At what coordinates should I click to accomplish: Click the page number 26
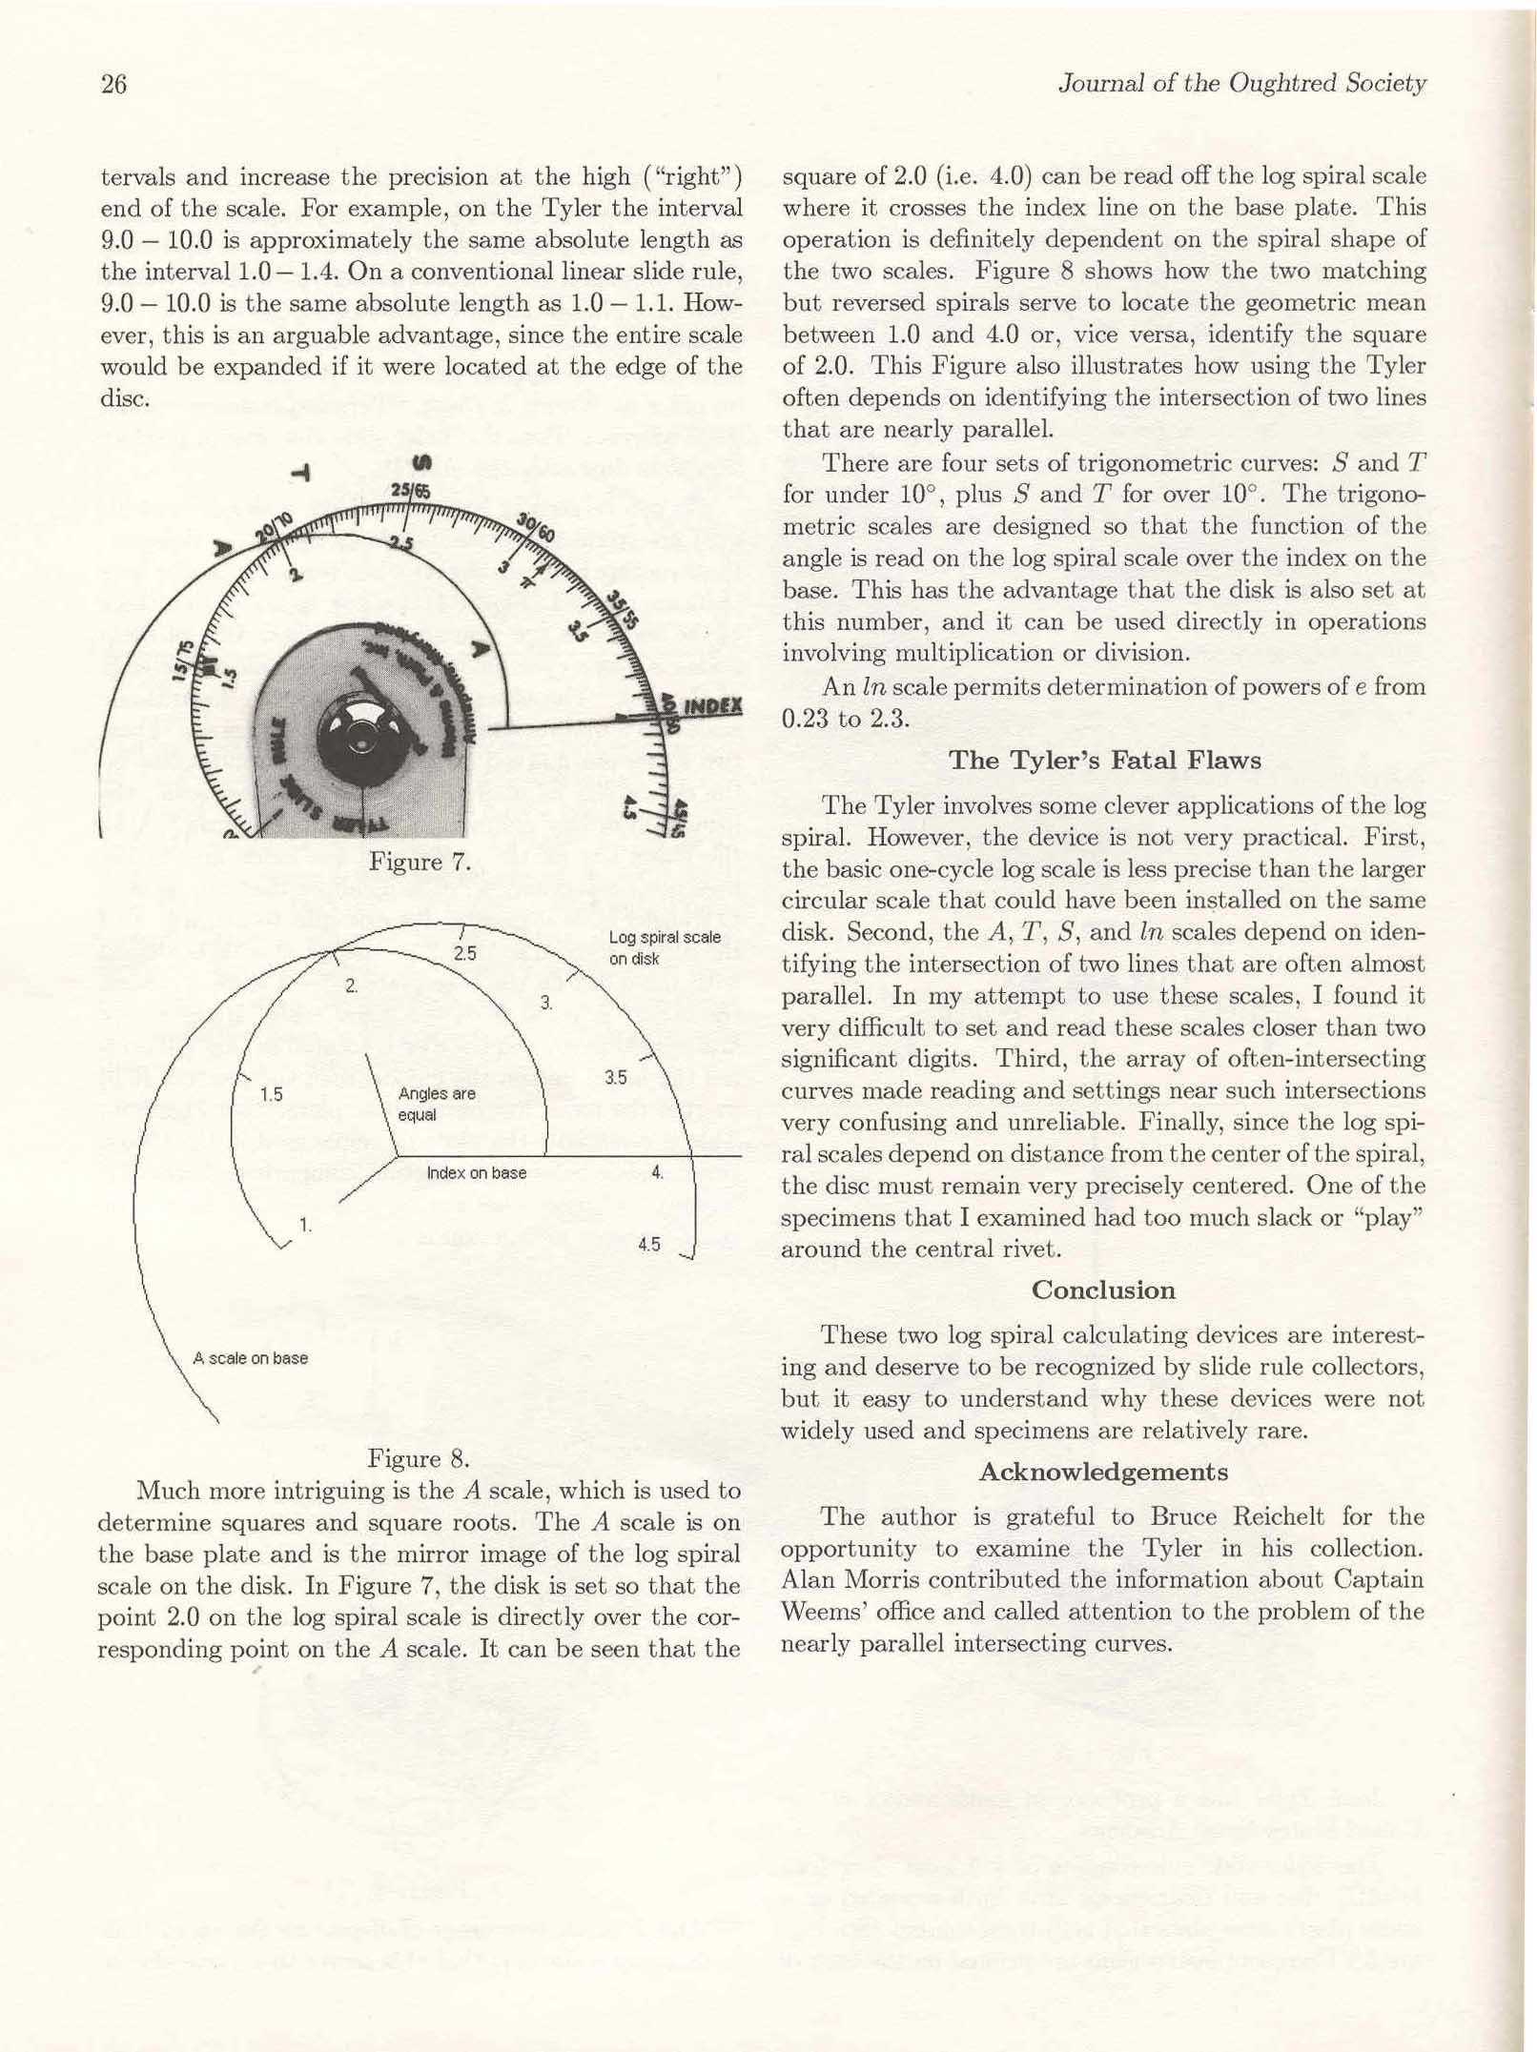(113, 85)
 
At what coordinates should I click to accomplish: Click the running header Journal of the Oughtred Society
(1241, 84)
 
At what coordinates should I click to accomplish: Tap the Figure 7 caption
(420, 863)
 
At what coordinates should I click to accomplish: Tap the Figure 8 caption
(419, 1459)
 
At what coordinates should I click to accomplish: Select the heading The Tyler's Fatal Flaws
(1104, 761)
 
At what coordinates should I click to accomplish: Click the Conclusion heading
(1102, 1290)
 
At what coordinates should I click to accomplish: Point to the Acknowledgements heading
(1103, 1473)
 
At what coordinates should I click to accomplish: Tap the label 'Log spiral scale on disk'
(664, 947)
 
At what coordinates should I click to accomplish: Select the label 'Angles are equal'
(437, 1105)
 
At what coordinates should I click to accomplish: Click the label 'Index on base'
(476, 1172)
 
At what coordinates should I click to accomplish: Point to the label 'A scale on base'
(250, 1358)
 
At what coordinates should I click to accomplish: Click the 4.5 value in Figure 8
(649, 1244)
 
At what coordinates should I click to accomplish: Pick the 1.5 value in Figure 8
(272, 1094)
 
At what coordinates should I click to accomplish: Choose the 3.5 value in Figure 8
(615, 1078)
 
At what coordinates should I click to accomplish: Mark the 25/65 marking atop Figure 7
(411, 492)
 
